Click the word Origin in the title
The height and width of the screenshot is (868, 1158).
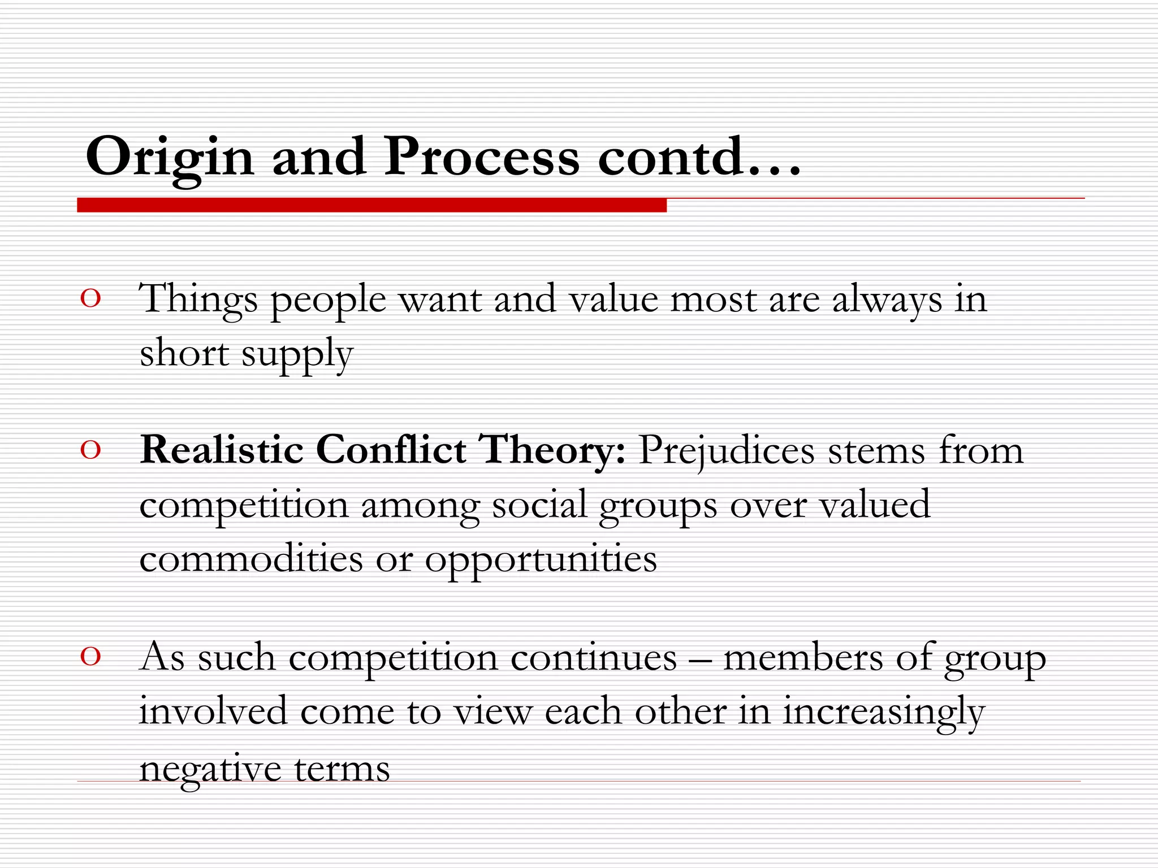coord(169,157)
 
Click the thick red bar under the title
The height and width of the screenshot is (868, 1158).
coord(371,205)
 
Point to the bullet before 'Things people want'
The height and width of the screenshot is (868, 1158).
coord(90,298)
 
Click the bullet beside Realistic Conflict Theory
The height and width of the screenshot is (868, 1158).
coord(90,450)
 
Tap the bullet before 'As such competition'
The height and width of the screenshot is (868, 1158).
coord(90,656)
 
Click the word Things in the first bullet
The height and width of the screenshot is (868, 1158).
coord(198,300)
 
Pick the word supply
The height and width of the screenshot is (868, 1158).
coord(297,355)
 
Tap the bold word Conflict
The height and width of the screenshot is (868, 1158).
coord(391,450)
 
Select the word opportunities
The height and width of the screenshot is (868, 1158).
coord(541,560)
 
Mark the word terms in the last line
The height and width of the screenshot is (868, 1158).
coord(342,769)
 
